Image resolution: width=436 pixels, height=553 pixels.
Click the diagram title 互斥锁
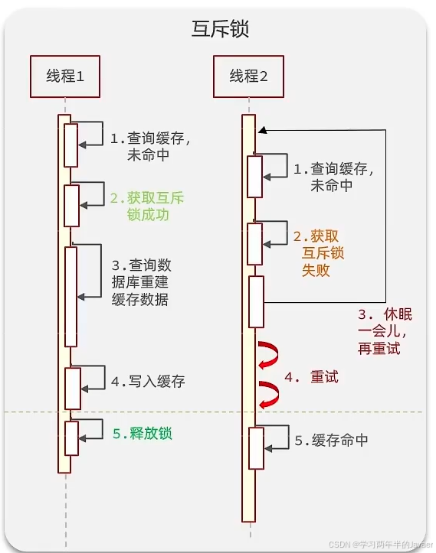coord(219,28)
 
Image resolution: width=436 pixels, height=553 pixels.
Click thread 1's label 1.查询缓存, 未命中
coord(150,147)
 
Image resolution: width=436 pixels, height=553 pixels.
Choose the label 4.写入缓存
coord(148,380)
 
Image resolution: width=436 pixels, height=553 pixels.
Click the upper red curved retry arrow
coord(270,354)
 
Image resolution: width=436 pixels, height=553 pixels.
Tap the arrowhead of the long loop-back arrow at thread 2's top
coord(261,130)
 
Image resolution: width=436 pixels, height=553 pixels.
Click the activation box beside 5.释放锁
coord(71,438)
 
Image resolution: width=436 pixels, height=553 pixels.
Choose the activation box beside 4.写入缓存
coord(72,389)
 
